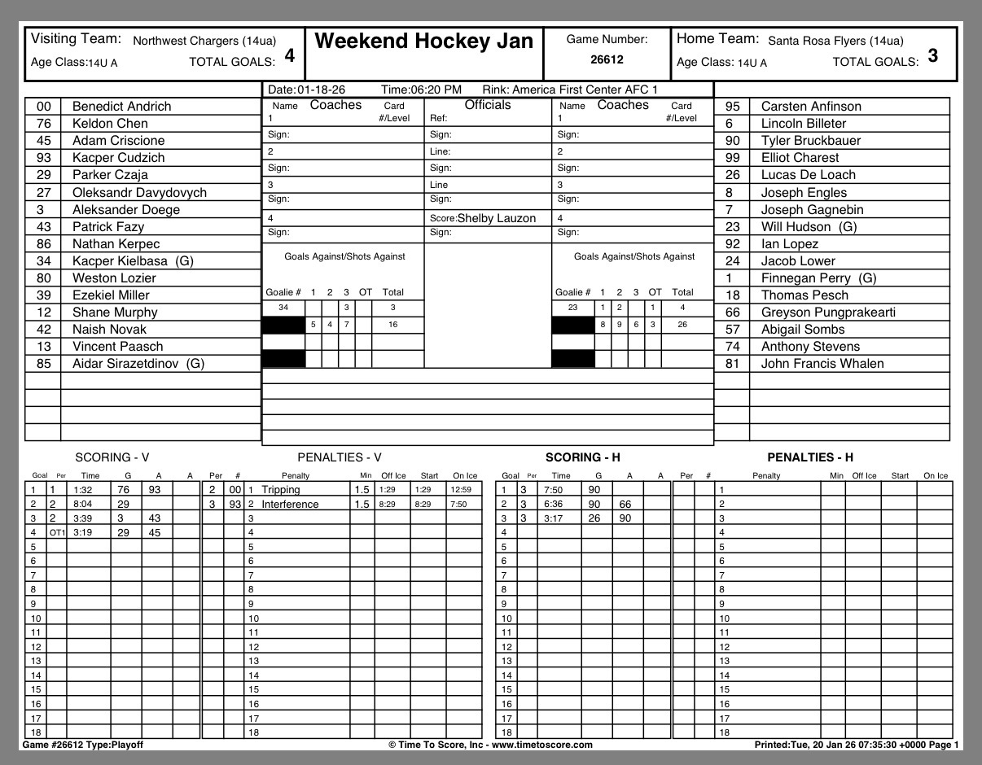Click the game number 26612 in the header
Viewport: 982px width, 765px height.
tap(607, 59)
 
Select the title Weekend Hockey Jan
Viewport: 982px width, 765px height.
tap(423, 42)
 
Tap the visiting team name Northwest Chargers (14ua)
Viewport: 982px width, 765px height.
tap(204, 41)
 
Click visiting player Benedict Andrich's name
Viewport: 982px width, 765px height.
tap(121, 107)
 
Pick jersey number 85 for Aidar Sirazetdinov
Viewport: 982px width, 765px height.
tap(44, 364)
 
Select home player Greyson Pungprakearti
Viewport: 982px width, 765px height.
tap(818, 313)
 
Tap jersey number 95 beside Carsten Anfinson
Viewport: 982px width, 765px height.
tap(732, 107)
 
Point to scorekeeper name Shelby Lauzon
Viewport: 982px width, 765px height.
tap(497, 218)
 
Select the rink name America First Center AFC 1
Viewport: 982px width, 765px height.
tap(585, 90)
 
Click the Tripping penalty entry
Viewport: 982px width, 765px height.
tap(281, 490)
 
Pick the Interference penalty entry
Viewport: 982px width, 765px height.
tap(290, 505)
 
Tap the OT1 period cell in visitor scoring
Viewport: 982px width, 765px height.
tap(56, 533)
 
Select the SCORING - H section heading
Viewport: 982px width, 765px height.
tap(582, 458)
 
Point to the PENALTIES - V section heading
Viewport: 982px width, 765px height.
tap(340, 458)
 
